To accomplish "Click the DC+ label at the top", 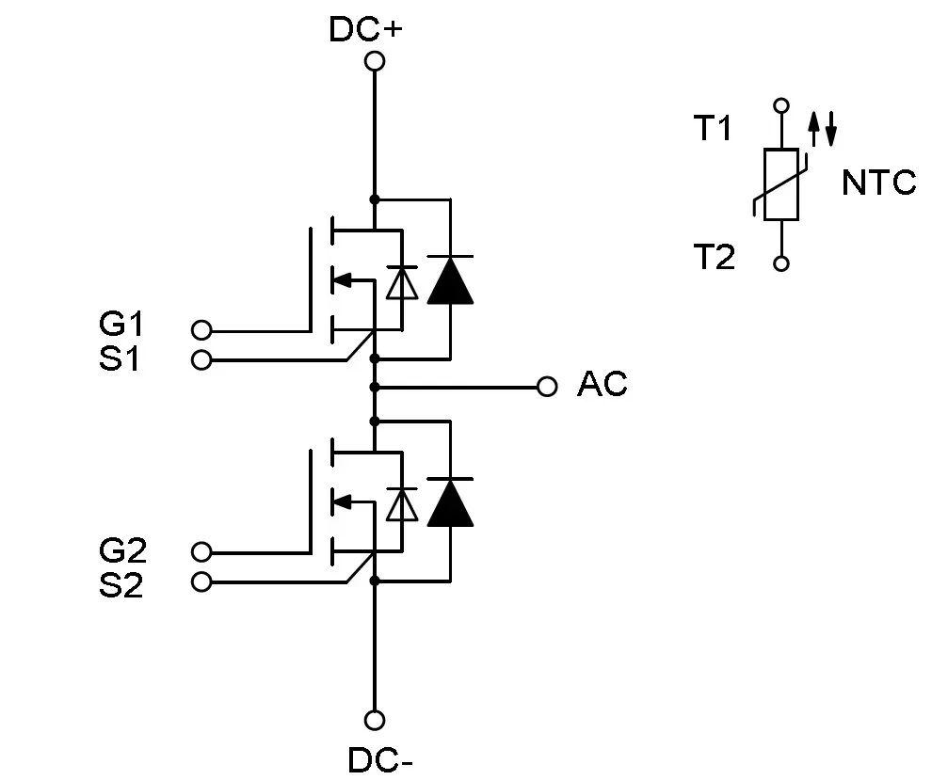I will [365, 29].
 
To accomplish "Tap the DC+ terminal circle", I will [375, 62].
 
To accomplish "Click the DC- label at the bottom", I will [380, 759].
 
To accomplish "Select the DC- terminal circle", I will [375, 721].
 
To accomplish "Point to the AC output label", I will [602, 385].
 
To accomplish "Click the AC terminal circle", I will [546, 387].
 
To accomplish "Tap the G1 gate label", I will [121, 326].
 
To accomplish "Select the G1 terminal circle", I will [201, 330].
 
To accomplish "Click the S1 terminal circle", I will [201, 359].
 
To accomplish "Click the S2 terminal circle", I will [201, 582].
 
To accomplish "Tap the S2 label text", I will [121, 585].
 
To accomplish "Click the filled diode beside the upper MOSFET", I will [450, 279].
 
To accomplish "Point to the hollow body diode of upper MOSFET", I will [402, 283].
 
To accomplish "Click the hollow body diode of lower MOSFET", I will [402, 505].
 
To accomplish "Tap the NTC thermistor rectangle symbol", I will [780, 184].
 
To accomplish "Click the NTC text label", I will [878, 183].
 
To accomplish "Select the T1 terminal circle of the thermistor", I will [780, 105].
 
